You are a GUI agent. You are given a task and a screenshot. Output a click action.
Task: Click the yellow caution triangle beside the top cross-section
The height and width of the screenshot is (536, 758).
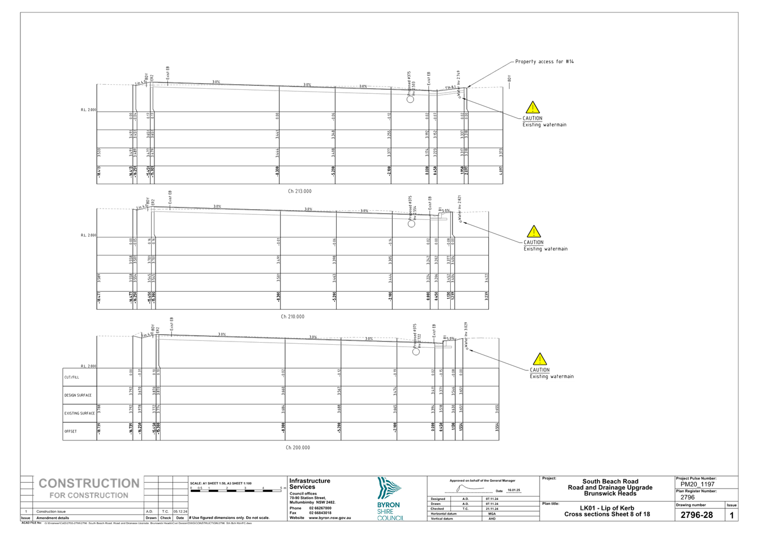click(x=532, y=107)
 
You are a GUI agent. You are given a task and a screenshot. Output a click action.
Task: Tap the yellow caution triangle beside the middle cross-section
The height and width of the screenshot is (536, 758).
click(x=533, y=232)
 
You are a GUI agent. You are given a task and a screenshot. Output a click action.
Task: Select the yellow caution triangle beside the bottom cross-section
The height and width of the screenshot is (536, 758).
click(x=540, y=359)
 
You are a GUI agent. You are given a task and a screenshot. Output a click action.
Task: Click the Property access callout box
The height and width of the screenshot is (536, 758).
click(x=544, y=61)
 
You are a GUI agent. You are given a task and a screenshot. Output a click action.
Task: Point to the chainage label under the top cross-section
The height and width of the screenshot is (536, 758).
click(x=300, y=191)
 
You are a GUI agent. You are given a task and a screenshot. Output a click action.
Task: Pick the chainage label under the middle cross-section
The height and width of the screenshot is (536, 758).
click(x=293, y=317)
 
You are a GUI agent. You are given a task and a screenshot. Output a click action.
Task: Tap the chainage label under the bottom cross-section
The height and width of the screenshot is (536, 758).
click(x=298, y=448)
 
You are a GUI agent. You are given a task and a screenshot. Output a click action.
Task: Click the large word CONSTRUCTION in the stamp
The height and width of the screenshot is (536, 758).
click(x=89, y=483)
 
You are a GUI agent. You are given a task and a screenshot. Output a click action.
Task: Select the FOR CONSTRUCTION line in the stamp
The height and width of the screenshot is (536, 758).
click(x=89, y=495)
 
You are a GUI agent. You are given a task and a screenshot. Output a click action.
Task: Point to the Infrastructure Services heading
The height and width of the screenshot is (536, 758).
click(x=309, y=483)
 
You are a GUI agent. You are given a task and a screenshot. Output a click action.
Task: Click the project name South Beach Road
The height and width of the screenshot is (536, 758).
click(x=610, y=482)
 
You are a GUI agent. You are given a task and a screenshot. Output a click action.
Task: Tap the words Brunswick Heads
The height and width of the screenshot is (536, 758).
click(x=610, y=494)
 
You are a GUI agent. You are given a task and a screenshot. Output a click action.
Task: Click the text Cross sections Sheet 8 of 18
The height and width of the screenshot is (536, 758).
click(x=607, y=515)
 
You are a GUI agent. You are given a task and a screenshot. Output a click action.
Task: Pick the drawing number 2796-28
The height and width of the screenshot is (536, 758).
click(x=696, y=515)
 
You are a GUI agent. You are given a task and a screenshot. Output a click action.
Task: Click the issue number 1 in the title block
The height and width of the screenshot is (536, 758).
click(x=731, y=515)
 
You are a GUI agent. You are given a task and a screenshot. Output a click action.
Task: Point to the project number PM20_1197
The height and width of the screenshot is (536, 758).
click(x=697, y=485)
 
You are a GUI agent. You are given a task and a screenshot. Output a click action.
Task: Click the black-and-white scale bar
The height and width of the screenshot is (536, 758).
click(x=229, y=490)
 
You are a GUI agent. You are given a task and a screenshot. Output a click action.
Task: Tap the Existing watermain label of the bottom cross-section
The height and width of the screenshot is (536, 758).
click(x=551, y=377)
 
